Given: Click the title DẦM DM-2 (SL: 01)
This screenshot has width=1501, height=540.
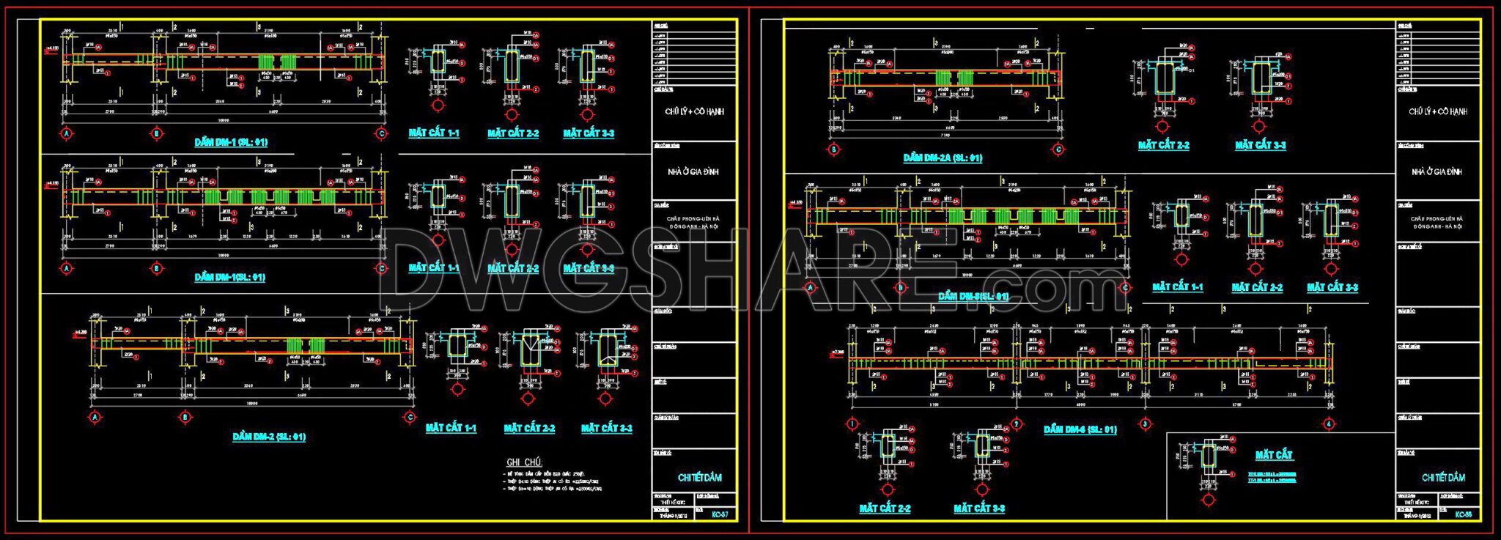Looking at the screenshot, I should coord(269,437).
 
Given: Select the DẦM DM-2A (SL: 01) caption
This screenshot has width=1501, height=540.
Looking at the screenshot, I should coord(943,158).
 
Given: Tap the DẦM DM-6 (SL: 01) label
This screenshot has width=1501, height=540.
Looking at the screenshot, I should coord(1080,429).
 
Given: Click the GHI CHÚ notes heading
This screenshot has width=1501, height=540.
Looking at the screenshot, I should coord(524,462).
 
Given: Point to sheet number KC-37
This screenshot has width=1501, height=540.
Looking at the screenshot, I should coord(720,515).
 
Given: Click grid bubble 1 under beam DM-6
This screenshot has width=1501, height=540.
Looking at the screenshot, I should coord(852,424).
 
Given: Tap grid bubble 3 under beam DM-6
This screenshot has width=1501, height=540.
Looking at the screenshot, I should coord(1146,424).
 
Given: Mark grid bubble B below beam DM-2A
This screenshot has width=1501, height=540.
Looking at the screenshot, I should coord(834,149).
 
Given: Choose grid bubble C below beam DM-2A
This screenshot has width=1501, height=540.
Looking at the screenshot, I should coord(1058,149).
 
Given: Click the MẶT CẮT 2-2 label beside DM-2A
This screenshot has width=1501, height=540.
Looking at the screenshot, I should coord(1163,145).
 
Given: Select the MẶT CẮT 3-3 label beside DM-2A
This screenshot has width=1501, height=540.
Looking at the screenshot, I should coord(1260,145).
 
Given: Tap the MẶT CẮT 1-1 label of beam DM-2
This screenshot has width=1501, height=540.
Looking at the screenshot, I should coord(451,428).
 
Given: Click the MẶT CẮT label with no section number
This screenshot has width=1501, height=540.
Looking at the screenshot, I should coord(1274,455).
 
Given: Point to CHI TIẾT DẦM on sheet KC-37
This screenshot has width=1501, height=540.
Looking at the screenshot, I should coord(699,478).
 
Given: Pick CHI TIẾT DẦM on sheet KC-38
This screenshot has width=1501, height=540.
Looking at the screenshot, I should coord(1443,478).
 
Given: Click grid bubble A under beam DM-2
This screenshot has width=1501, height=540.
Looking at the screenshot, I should coord(95,418).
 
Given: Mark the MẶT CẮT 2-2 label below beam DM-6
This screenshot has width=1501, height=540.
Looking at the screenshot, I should coord(885,508).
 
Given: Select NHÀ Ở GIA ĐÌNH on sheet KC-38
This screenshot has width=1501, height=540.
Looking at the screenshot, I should coord(1437,171).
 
